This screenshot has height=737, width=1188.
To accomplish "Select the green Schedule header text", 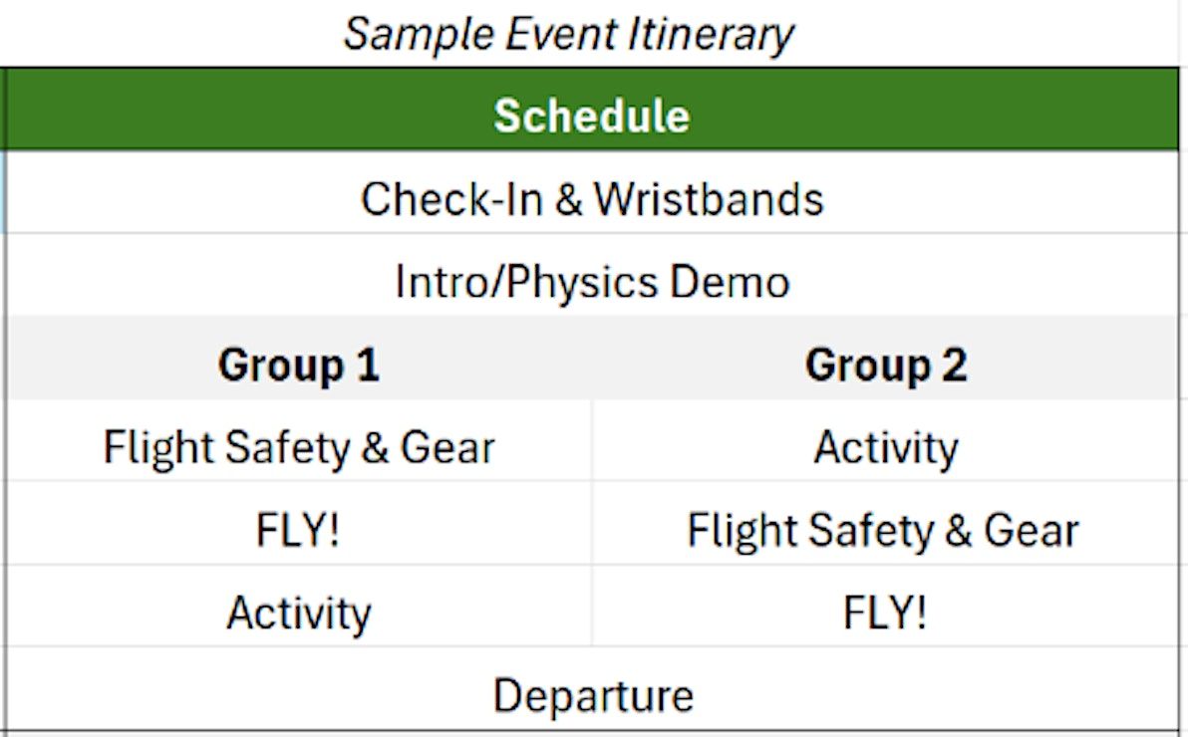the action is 592,116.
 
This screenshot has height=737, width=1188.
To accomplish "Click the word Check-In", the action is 451,199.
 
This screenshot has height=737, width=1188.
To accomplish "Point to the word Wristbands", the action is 708,199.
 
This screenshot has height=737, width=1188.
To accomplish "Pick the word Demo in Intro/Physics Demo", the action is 730,282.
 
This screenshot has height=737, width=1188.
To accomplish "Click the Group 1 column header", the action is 299,366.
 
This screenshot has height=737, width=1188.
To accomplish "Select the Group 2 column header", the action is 886,366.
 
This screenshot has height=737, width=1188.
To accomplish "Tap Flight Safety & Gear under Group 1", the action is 299,447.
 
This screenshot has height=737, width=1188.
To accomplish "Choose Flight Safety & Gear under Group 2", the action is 883,530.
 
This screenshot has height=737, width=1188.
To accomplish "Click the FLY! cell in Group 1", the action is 298,530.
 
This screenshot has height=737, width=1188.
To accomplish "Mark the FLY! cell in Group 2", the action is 884,613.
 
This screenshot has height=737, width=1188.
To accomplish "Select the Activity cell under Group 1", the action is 299,613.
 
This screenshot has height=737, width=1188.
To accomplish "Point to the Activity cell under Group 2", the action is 886,447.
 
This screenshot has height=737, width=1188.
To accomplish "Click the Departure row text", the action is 593,696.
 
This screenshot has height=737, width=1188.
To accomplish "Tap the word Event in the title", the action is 561,35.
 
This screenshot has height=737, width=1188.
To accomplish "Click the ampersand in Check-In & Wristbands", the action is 568,199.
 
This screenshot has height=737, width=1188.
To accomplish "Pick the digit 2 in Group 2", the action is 954,365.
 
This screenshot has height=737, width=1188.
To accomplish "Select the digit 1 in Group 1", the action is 368,365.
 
